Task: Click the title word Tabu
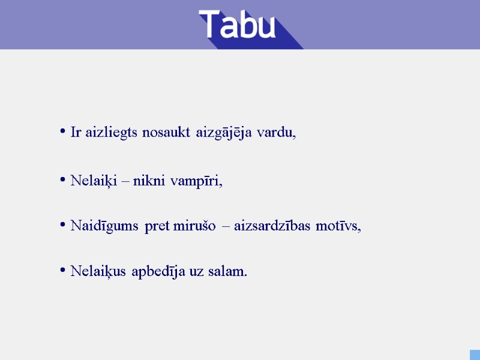(x=238, y=25)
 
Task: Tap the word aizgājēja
(x=224, y=133)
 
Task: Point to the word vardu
(x=276, y=133)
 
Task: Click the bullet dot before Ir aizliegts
(x=63, y=131)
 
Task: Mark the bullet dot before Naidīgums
(x=63, y=225)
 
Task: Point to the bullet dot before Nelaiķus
(x=63, y=271)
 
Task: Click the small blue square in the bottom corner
(x=475, y=355)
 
